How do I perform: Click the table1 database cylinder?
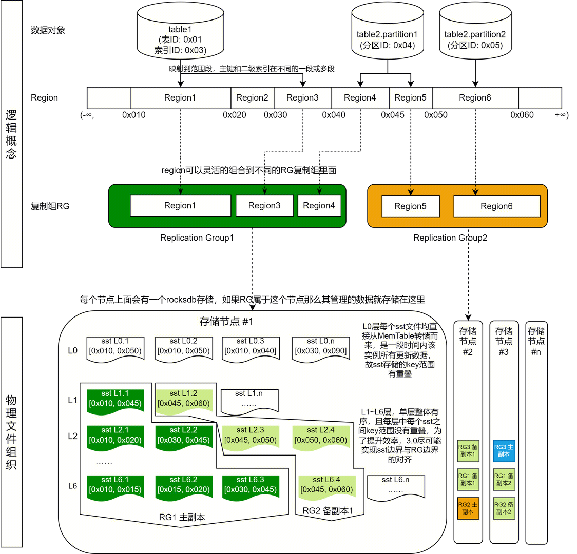(180, 36)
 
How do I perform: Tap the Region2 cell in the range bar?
(252, 98)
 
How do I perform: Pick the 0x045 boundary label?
(393, 115)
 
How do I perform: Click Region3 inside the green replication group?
(264, 206)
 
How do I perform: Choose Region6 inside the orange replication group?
(496, 206)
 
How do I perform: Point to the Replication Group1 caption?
(197, 238)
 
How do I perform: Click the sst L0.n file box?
(321, 348)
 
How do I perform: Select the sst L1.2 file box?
(184, 399)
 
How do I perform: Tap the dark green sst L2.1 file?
(115, 436)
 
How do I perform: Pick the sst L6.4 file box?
(326, 485)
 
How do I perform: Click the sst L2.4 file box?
(321, 436)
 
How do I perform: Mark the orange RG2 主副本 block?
(468, 508)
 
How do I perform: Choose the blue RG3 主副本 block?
(504, 451)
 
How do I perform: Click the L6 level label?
(73, 486)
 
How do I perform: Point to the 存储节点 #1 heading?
(226, 322)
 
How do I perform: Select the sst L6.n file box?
(396, 485)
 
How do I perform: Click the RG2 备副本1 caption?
(328, 511)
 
